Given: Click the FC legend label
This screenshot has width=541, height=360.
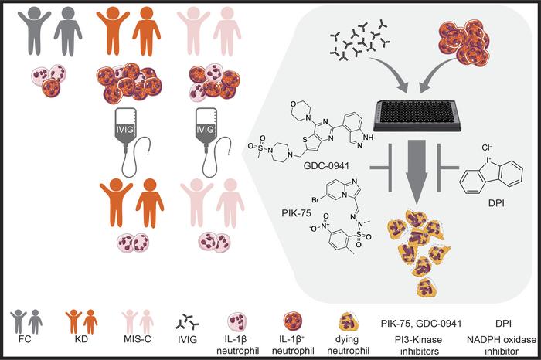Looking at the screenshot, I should (26, 338).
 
